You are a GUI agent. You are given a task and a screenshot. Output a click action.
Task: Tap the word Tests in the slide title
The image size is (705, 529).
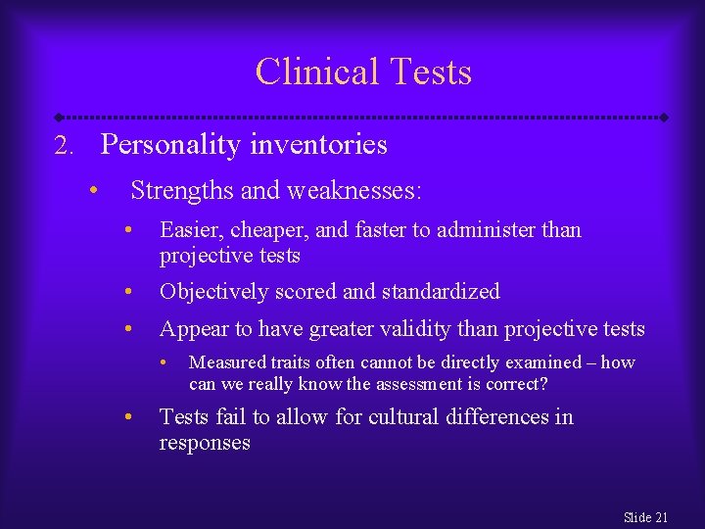430,72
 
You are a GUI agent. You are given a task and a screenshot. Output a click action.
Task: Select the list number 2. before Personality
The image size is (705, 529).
64,147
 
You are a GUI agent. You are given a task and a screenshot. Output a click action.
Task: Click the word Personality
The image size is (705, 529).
171,146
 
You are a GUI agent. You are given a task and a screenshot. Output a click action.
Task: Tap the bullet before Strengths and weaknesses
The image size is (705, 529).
92,190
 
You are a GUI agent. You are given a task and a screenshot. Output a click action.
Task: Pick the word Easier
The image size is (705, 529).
188,231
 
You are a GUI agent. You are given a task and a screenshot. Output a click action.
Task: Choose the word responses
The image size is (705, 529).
205,443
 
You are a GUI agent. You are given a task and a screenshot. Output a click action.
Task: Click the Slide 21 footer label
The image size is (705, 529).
645,517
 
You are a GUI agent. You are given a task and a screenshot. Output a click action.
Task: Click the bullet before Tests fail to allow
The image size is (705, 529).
129,417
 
